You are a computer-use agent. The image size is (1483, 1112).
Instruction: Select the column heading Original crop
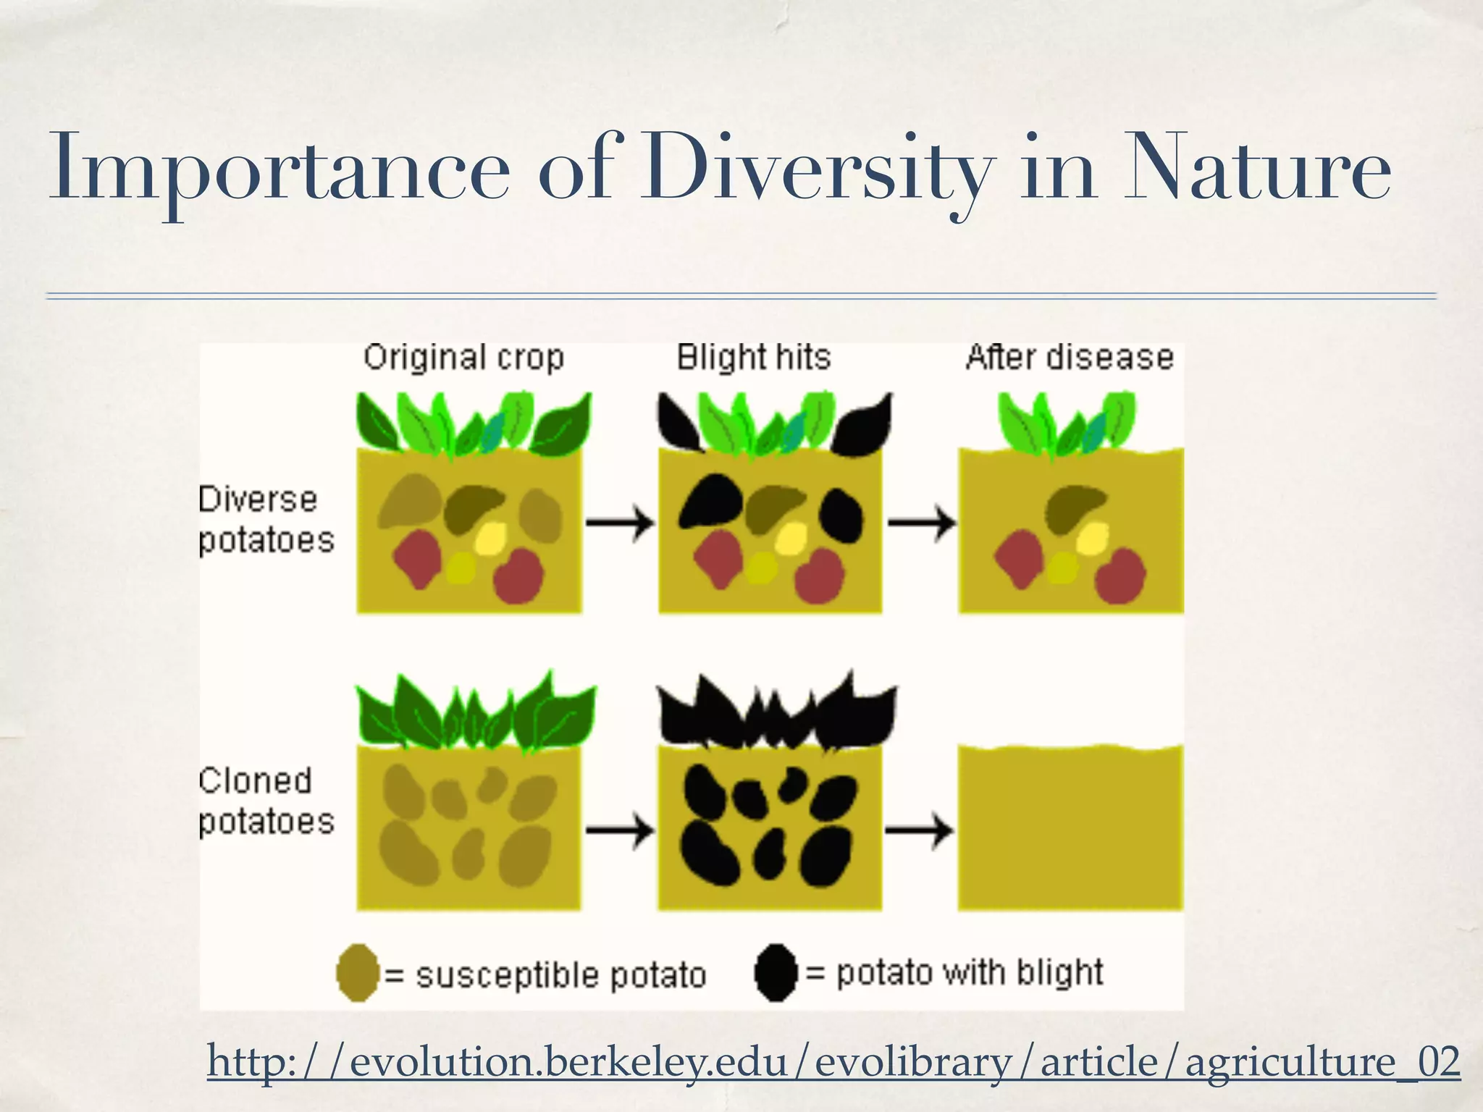coord(463,358)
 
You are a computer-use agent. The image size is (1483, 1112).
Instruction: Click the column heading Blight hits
coord(753,358)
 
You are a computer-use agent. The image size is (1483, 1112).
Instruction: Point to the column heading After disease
coord(1070,358)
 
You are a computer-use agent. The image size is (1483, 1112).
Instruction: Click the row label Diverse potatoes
coord(266,520)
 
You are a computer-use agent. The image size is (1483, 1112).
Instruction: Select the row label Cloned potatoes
coord(266,801)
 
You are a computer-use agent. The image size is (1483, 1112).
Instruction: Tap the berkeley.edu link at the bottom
coord(833,1061)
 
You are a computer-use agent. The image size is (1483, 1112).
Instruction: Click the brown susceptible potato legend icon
coord(358,973)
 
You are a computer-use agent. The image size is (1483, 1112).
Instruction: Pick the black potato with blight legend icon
coord(776,973)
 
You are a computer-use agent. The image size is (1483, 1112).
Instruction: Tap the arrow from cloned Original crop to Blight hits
coord(620,830)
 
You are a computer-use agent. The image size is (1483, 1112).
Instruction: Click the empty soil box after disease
coord(1070,829)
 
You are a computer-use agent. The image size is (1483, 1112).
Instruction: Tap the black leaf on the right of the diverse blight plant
coord(863,426)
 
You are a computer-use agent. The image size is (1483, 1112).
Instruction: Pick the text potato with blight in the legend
coord(970,972)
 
